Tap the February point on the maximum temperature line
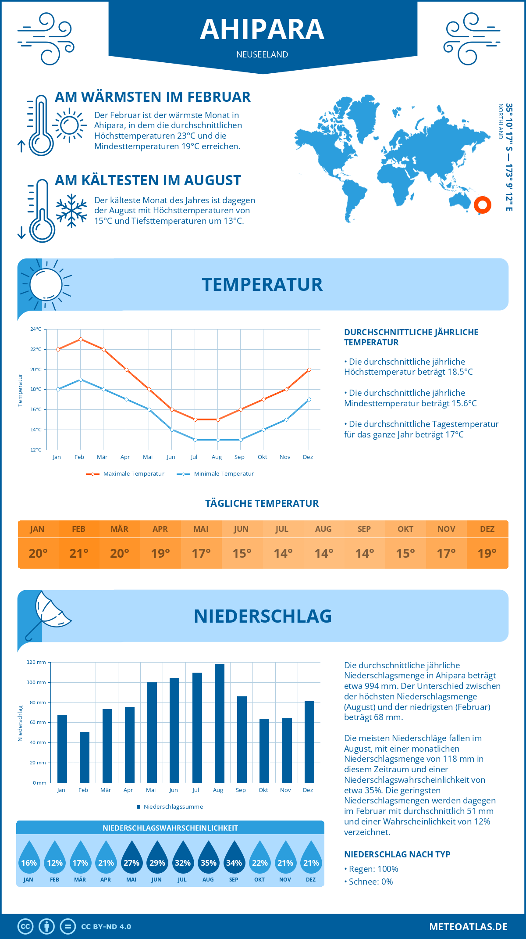point(81,339)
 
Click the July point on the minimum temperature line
point(195,440)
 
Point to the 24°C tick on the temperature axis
point(36,329)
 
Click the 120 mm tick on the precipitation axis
point(36,662)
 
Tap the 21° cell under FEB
point(79,553)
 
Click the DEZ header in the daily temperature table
point(487,529)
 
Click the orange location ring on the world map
point(483,205)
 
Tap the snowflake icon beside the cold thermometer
point(71,211)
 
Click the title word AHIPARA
point(262,30)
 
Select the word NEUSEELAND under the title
point(262,54)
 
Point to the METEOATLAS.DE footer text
point(468,927)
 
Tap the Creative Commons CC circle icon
point(25,927)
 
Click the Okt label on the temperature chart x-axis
point(262,457)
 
